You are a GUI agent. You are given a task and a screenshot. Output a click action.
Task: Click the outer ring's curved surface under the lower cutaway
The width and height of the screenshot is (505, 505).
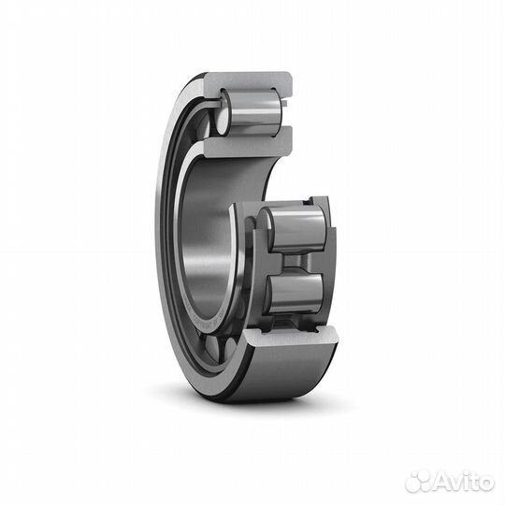pos(271,379)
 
